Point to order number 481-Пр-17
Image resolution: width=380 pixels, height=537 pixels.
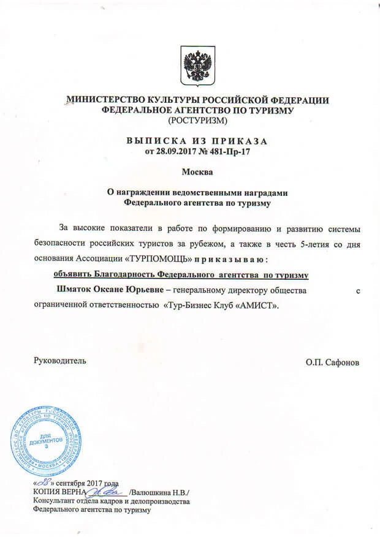click(232, 150)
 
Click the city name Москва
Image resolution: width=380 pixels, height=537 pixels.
click(197, 171)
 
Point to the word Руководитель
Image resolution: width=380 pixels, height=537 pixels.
click(60, 361)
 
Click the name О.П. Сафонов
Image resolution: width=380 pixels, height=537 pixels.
click(332, 362)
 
